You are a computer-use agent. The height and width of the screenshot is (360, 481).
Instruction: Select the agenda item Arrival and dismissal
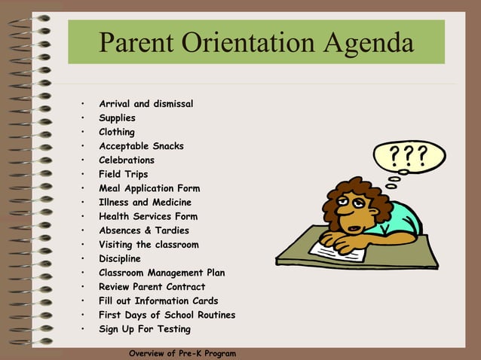tap(146, 104)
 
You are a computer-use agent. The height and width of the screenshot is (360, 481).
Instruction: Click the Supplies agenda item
tap(117, 118)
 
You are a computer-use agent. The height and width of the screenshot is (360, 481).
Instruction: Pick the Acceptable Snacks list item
tap(141, 146)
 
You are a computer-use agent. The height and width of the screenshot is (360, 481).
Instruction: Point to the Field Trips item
tap(123, 174)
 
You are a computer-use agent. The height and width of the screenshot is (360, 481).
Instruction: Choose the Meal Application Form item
tap(149, 188)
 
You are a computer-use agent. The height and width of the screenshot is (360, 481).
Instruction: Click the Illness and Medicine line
tap(145, 203)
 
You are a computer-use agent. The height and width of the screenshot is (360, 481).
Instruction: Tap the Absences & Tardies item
tap(144, 230)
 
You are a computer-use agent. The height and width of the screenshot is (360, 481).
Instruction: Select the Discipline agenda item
tap(120, 258)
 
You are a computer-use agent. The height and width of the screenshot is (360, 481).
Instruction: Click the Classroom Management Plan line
tap(161, 273)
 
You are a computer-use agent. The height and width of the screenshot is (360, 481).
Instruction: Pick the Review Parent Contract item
tap(152, 287)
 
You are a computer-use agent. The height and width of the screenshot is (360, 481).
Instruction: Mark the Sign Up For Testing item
tap(145, 329)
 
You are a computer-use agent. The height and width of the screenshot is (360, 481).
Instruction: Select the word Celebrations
tap(127, 160)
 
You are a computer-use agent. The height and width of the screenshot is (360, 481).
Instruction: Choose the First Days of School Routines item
tap(167, 315)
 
